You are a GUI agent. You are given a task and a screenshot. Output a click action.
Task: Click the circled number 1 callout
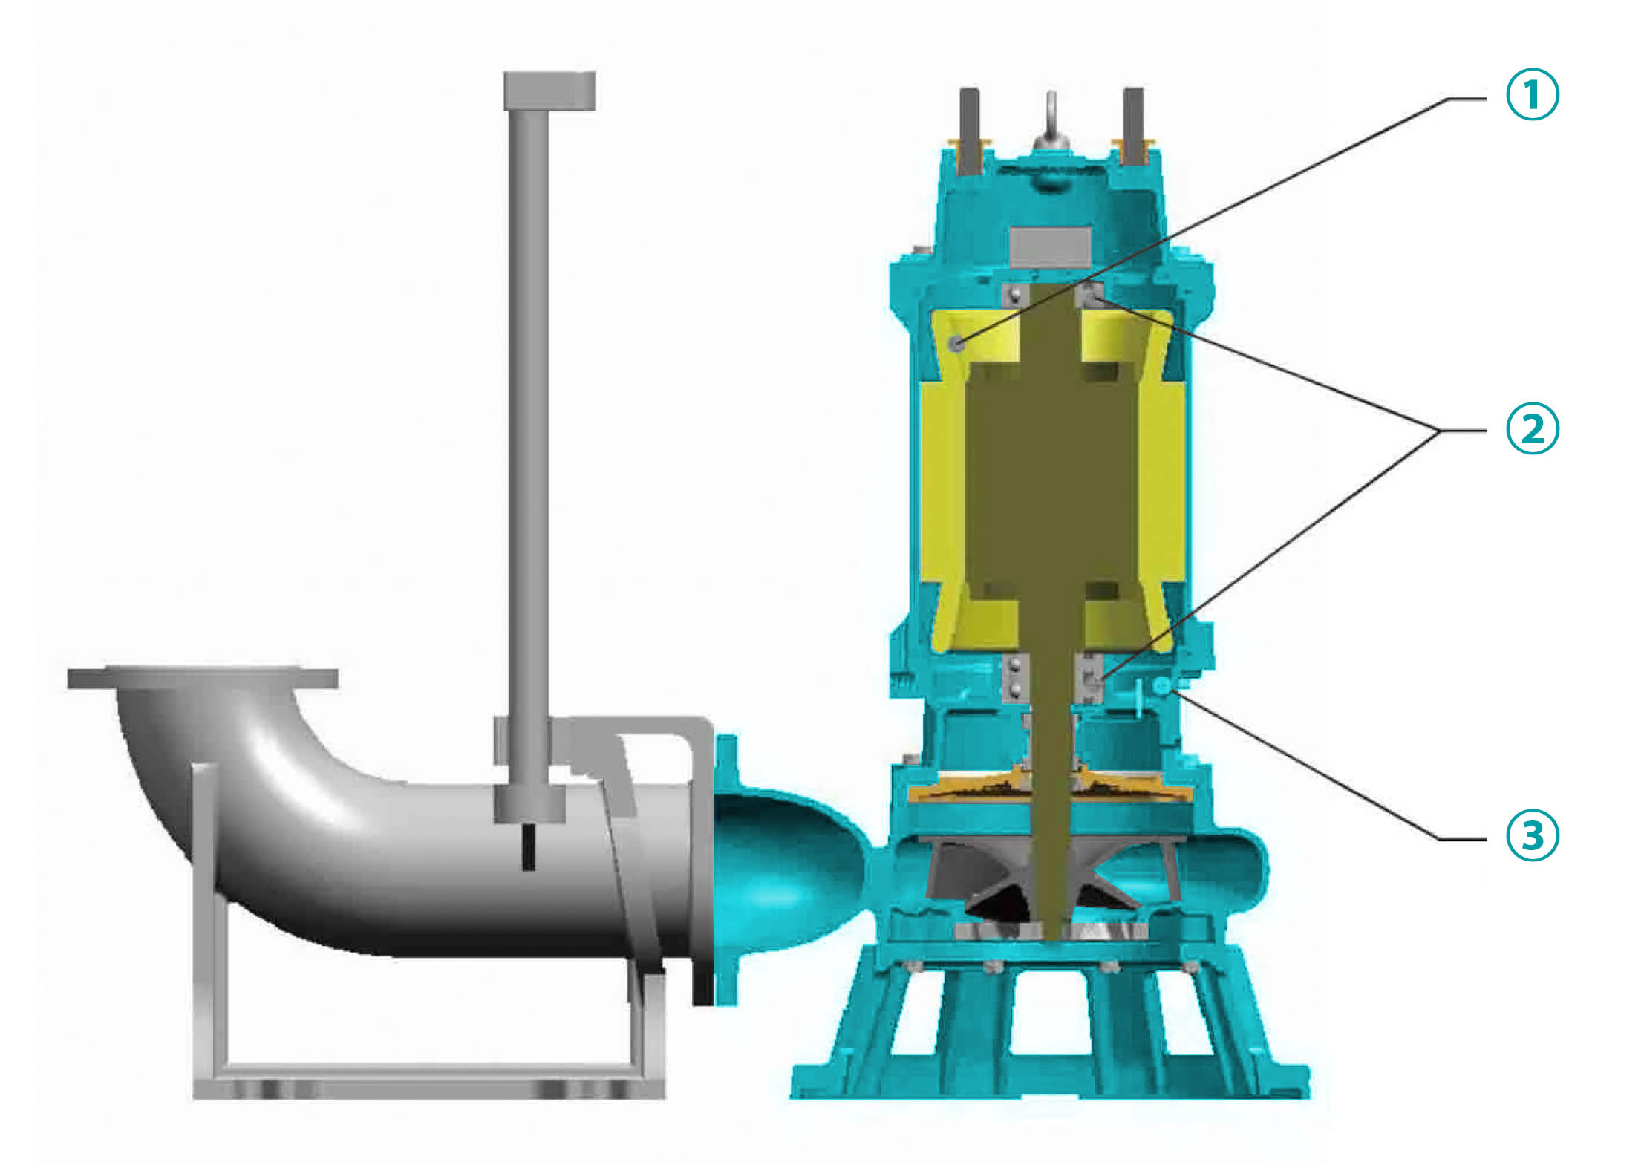[x=1532, y=94]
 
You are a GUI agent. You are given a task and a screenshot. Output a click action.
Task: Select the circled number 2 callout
[x=1532, y=428]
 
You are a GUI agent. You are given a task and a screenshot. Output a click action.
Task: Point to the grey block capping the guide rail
[x=549, y=91]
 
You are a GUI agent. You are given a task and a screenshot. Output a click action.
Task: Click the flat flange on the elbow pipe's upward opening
[x=203, y=677]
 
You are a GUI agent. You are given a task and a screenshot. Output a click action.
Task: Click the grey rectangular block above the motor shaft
[x=1051, y=246]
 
